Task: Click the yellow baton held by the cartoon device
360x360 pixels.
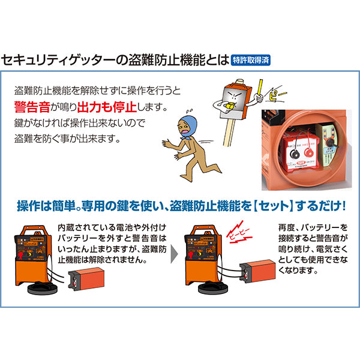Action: [x=259, y=85]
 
